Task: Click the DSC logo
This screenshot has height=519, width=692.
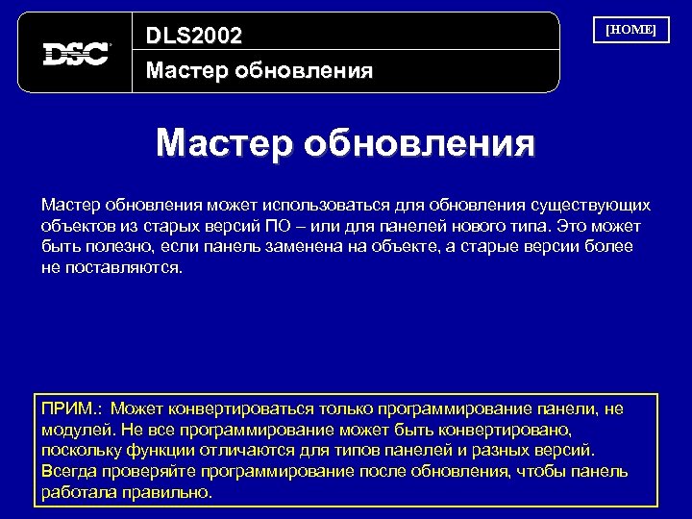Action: click(76, 53)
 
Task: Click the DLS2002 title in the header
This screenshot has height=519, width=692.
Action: click(193, 37)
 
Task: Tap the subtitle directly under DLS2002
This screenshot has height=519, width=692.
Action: click(259, 71)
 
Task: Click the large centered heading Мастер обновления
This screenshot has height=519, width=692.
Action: click(345, 144)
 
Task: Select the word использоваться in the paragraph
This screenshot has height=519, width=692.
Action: click(309, 206)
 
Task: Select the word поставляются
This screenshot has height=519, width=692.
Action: click(122, 267)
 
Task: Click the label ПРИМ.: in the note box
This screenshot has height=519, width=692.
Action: click(72, 409)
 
